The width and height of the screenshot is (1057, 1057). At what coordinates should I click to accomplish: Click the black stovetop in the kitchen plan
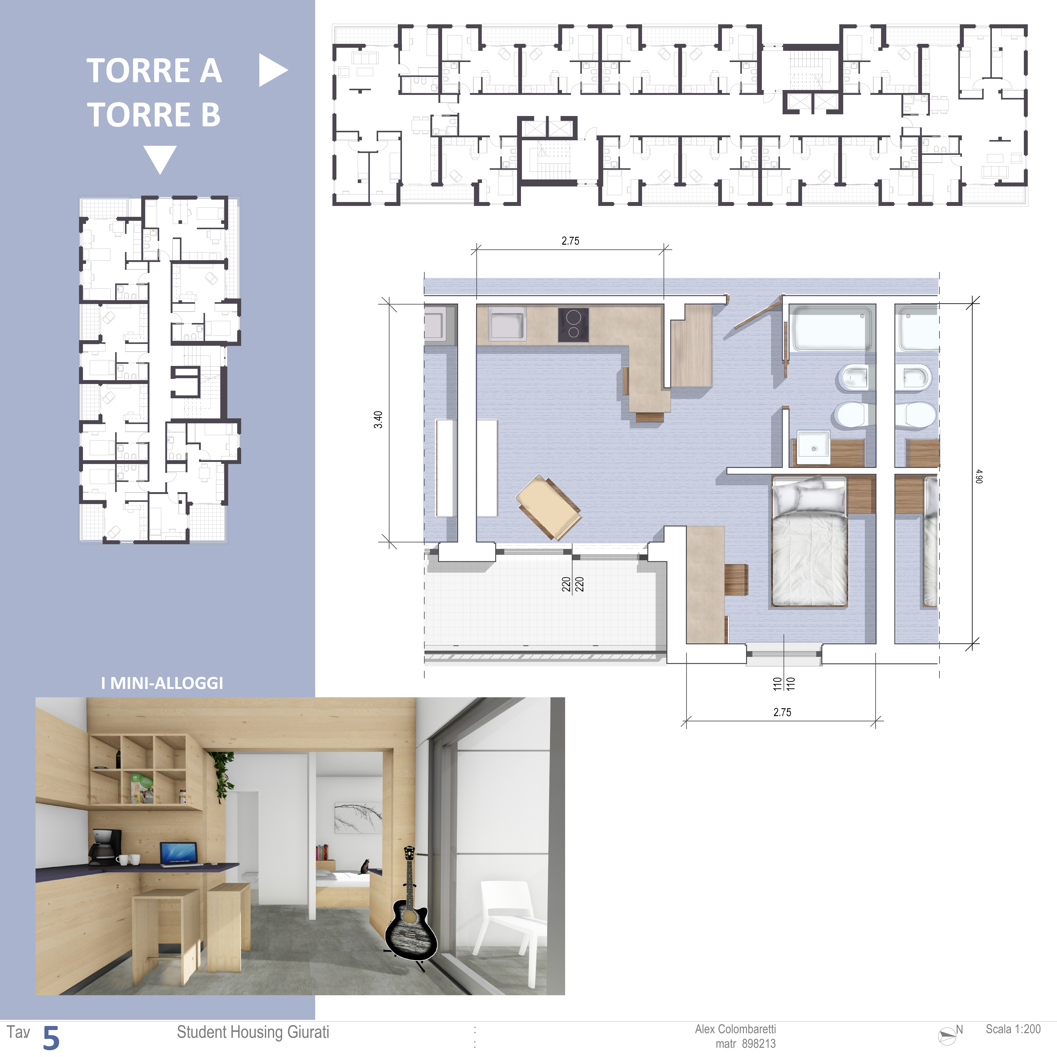573,325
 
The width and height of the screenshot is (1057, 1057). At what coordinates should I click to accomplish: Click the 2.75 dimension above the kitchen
570,241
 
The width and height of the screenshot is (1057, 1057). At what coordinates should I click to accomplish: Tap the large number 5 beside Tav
51,1038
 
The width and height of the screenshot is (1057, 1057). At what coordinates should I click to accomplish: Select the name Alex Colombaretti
735,1029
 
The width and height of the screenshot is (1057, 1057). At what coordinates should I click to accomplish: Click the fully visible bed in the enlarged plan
809,542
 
